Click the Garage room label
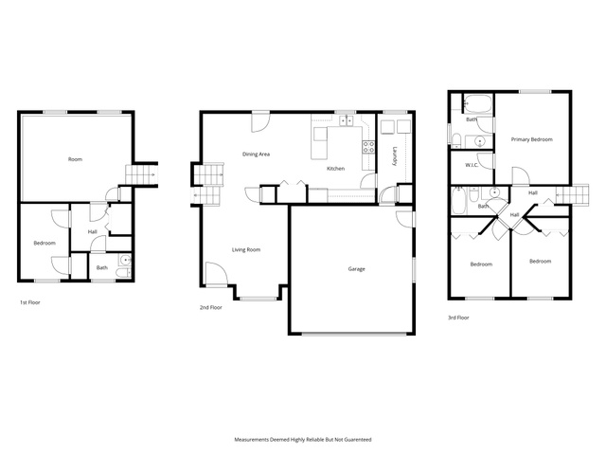click(x=356, y=269)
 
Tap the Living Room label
click(x=246, y=250)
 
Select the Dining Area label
click(x=256, y=154)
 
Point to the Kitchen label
click(x=335, y=169)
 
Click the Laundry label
click(x=395, y=156)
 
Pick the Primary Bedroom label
click(x=532, y=139)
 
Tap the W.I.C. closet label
click(x=472, y=165)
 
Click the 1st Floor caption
click(x=30, y=302)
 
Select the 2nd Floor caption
click(x=210, y=307)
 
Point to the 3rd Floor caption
click(x=458, y=318)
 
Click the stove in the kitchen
click(x=368, y=147)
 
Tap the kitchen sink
click(x=346, y=121)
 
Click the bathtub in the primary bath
click(x=477, y=103)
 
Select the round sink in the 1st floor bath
click(x=125, y=260)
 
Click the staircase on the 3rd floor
click(x=572, y=193)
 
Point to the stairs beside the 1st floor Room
click(x=141, y=174)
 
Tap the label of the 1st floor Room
click(x=75, y=159)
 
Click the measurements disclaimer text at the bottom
click(x=303, y=440)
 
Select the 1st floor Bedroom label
click(x=45, y=244)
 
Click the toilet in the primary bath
click(x=456, y=140)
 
